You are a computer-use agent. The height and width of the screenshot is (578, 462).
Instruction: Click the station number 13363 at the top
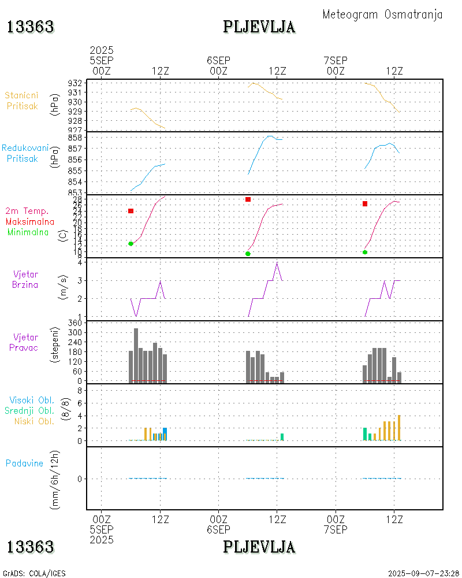click(x=31, y=27)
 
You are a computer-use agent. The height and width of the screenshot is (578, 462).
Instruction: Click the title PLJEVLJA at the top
click(x=259, y=27)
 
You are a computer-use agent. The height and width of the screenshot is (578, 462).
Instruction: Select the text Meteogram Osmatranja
click(x=382, y=14)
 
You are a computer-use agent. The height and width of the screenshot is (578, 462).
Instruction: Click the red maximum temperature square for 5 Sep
click(x=131, y=211)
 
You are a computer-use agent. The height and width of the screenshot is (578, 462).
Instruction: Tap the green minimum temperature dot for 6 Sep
click(x=248, y=254)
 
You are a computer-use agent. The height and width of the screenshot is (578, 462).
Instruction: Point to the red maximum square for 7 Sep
click(x=365, y=203)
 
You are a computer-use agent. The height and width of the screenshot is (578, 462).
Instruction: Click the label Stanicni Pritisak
click(x=23, y=101)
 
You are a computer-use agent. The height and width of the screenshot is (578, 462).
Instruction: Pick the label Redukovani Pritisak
click(x=24, y=153)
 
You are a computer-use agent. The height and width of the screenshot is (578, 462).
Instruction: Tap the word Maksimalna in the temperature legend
click(x=30, y=221)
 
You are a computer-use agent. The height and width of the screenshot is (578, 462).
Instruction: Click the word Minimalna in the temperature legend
click(x=28, y=232)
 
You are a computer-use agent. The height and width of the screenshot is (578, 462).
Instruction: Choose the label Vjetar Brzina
click(x=26, y=279)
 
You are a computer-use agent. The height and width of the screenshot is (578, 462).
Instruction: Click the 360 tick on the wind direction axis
click(x=75, y=323)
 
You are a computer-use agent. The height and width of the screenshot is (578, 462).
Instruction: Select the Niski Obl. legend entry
click(x=34, y=421)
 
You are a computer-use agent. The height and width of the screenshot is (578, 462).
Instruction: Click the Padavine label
click(x=24, y=463)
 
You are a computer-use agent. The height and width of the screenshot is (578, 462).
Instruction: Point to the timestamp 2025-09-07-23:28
click(x=423, y=573)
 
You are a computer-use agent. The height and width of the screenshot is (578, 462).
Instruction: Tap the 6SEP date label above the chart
click(x=218, y=61)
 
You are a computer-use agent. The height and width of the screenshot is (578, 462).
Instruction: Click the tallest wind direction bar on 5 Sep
click(x=136, y=355)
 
